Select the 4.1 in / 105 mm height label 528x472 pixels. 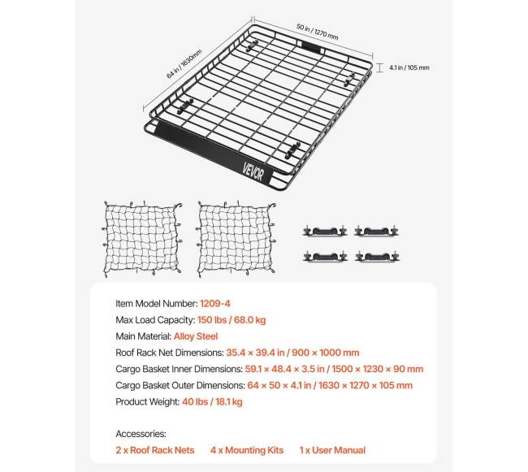[x=410, y=67]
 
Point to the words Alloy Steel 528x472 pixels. [x=196, y=335]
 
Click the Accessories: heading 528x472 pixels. [x=141, y=434]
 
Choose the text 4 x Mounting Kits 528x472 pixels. [x=246, y=450]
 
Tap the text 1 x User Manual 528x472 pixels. [x=331, y=450]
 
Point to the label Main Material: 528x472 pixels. [x=143, y=335]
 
